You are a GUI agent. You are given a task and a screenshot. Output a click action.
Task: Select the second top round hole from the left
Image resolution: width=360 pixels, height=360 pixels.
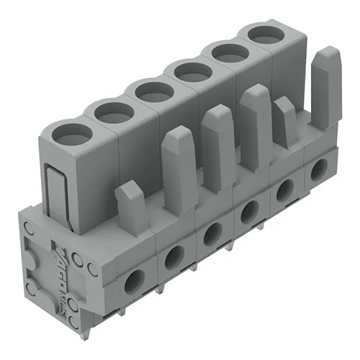[109, 112]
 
